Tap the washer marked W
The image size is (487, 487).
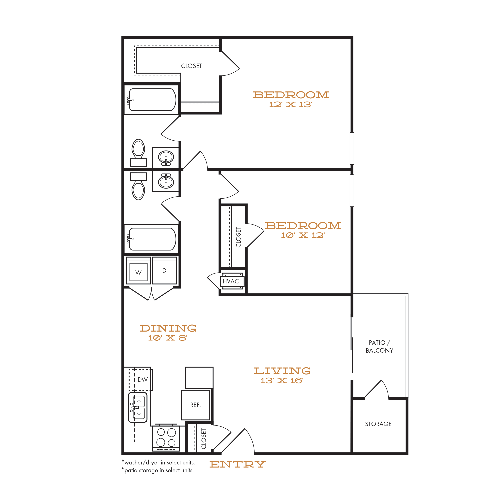(x=138, y=270)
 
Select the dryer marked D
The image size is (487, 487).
(x=165, y=270)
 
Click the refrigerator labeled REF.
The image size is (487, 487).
(x=195, y=405)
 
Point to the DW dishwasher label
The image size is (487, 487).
(x=143, y=380)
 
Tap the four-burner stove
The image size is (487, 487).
(x=166, y=439)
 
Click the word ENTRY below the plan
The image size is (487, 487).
(x=238, y=464)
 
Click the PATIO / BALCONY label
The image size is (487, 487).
(x=379, y=346)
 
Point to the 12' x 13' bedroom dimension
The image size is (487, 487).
(x=291, y=104)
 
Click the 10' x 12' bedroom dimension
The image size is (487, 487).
(x=303, y=235)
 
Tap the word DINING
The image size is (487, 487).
(x=168, y=328)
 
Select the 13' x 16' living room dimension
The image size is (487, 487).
(x=282, y=380)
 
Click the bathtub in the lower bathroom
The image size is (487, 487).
(x=152, y=239)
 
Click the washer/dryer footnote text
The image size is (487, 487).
(x=158, y=462)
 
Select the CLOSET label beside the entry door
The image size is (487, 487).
(x=204, y=439)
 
